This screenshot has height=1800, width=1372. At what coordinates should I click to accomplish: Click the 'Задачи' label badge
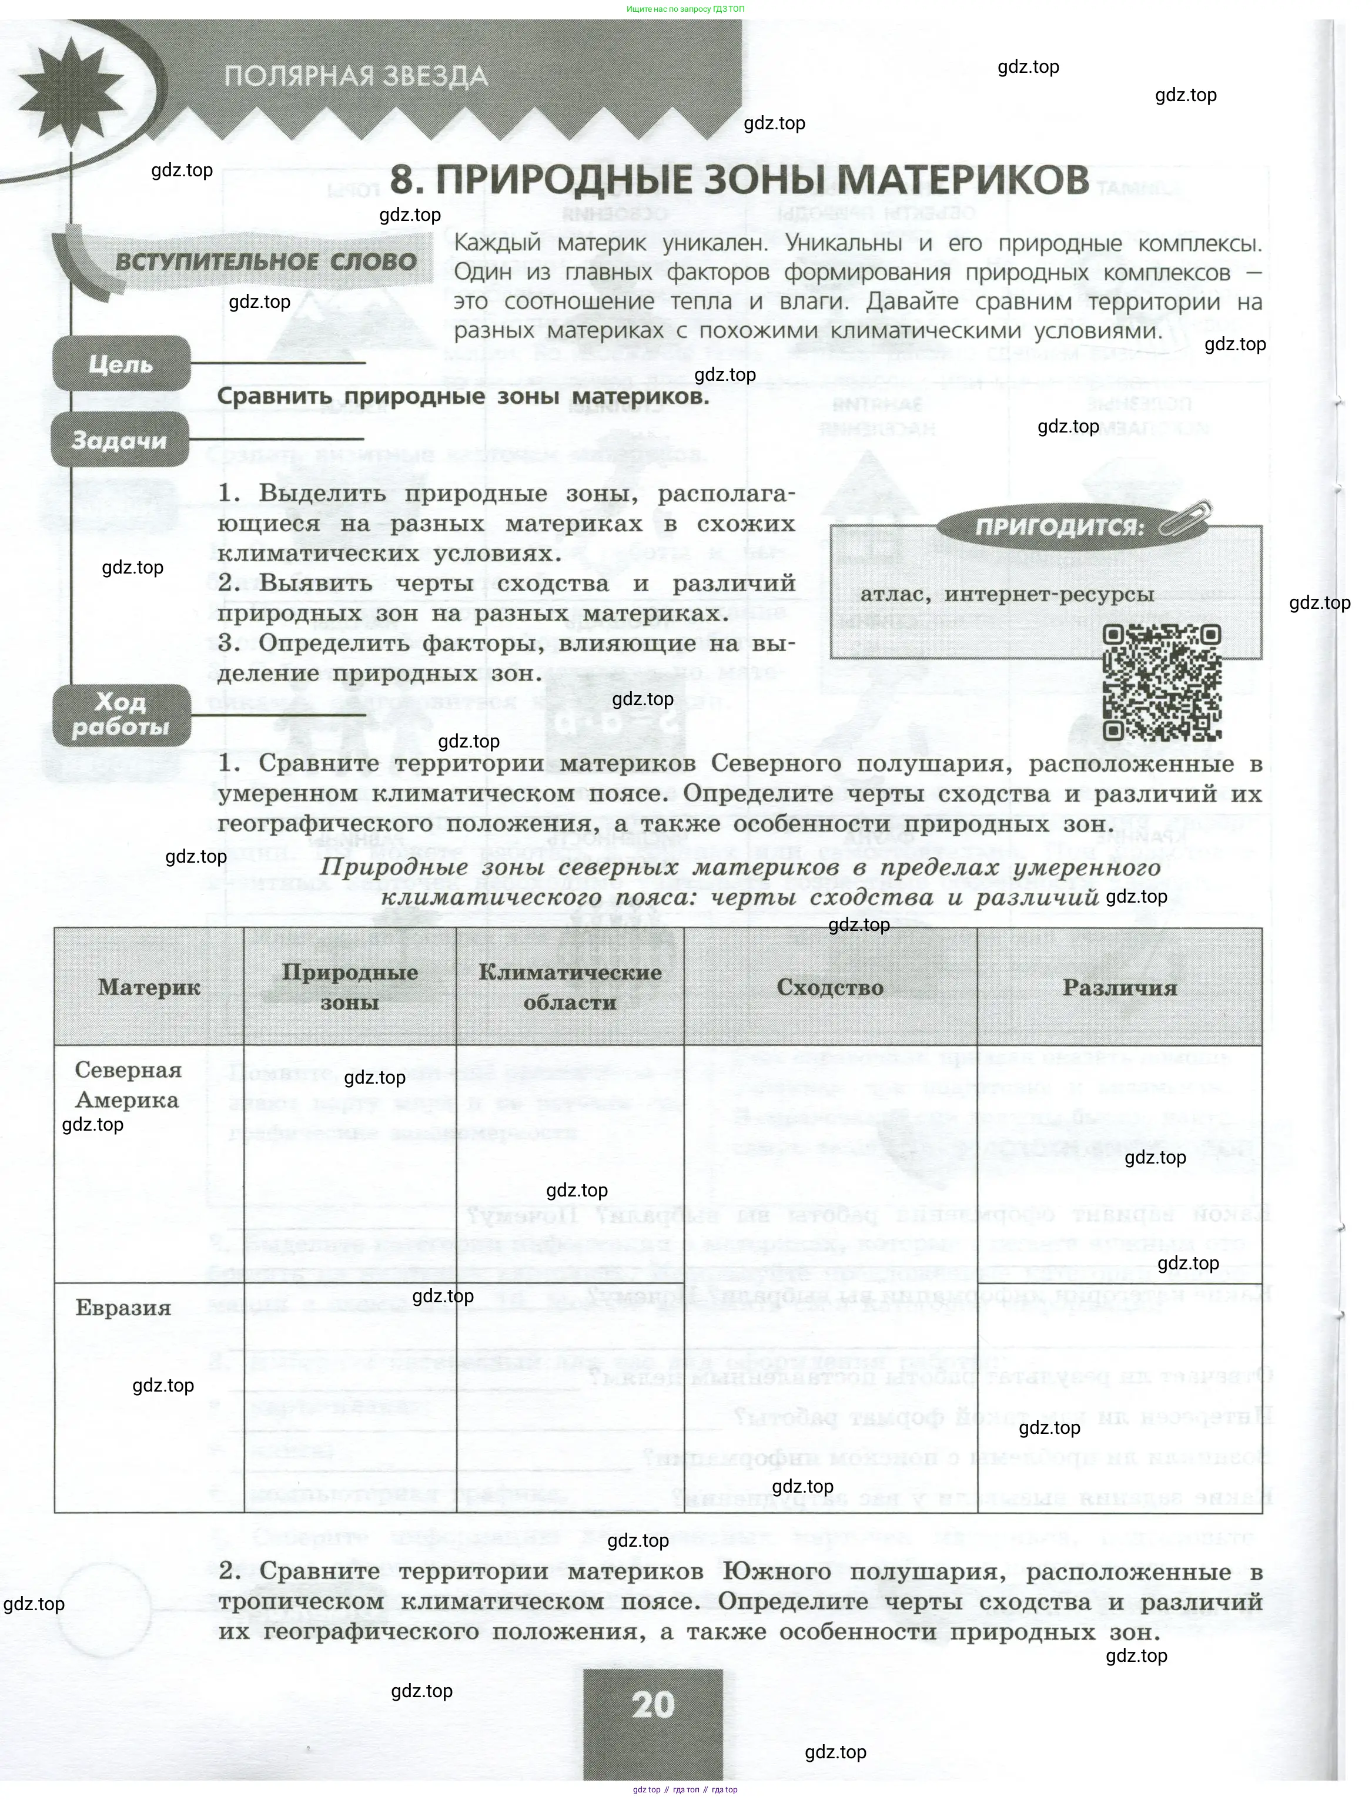coord(119,441)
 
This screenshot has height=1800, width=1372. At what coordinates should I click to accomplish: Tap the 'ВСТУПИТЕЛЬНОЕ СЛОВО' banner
coord(266,262)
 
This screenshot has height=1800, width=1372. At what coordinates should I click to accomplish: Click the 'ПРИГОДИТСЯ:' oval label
coord(1059,527)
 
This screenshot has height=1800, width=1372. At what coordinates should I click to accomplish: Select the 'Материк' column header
coord(149,987)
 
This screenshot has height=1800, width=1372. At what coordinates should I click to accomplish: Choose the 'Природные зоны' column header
coord(350,987)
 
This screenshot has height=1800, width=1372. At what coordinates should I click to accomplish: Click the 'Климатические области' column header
coord(570,987)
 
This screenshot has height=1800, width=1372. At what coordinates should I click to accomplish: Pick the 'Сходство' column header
coord(830,987)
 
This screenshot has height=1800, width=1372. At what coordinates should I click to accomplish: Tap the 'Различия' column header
coord(1120,987)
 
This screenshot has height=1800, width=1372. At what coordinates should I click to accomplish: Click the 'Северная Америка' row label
coord(128,1085)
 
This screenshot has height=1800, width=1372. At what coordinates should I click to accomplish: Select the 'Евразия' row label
coord(123,1308)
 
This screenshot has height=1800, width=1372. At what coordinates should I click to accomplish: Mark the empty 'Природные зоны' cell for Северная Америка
coord(350,1163)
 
